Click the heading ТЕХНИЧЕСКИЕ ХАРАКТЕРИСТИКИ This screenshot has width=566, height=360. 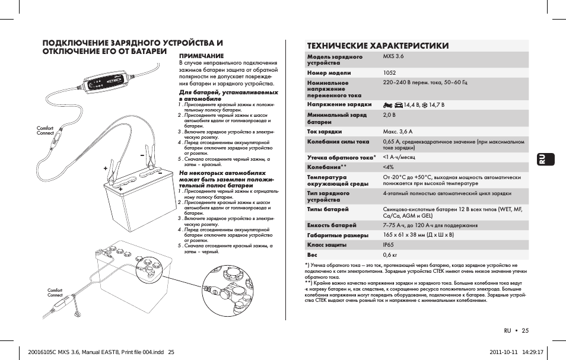(x=377, y=46)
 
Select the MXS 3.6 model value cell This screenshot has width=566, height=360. (x=393, y=56)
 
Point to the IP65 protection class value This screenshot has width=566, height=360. (x=389, y=244)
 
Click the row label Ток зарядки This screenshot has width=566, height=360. (x=324, y=131)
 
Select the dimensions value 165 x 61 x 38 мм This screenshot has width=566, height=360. (x=418, y=235)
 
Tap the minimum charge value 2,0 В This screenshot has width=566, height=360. (x=389, y=114)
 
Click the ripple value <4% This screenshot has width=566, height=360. (x=389, y=167)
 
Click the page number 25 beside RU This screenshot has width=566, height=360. (x=526, y=330)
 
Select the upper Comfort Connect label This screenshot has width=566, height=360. (x=45, y=130)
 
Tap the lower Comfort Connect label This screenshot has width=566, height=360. (x=55, y=292)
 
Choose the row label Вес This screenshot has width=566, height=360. (x=312, y=255)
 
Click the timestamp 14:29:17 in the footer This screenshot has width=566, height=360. (x=532, y=351)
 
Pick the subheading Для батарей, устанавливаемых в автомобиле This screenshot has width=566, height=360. (x=228, y=95)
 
